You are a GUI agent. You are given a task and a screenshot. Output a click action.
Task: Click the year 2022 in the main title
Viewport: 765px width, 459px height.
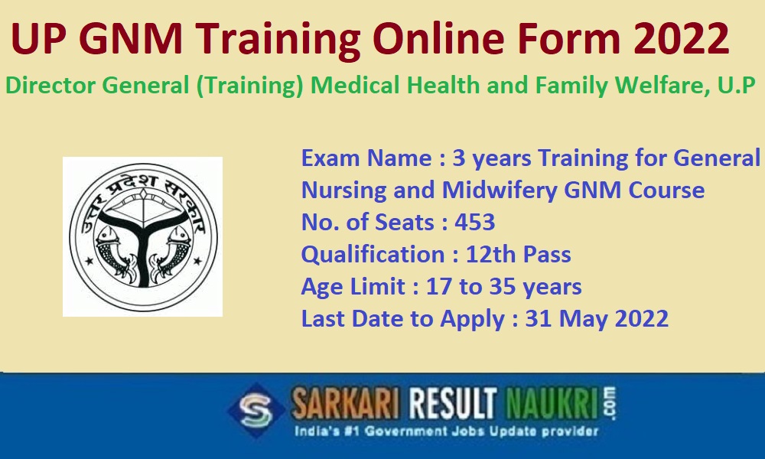tap(681, 38)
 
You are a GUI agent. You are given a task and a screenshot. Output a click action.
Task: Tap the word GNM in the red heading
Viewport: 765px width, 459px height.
tap(130, 38)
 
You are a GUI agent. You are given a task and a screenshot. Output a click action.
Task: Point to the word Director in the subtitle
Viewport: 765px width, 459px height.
tap(50, 86)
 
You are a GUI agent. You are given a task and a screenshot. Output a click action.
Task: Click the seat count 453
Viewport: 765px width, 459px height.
tap(475, 222)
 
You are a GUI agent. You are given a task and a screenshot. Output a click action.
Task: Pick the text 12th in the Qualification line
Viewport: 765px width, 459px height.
tap(490, 254)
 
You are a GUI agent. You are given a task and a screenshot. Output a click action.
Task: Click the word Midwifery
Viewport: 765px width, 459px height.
tap(500, 190)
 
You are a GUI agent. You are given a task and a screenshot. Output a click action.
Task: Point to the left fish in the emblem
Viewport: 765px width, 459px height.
tap(113, 254)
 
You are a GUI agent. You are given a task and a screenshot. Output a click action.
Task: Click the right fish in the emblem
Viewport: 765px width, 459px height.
tap(171, 254)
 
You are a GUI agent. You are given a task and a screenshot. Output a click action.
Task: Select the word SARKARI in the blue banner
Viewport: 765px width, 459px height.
tap(345, 404)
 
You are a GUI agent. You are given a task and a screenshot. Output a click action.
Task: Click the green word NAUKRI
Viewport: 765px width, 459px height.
tap(552, 404)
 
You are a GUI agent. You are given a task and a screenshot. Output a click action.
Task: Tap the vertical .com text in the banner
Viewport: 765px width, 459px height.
tap(610, 403)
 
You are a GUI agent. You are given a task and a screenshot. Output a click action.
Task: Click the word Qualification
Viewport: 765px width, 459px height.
tap(373, 255)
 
